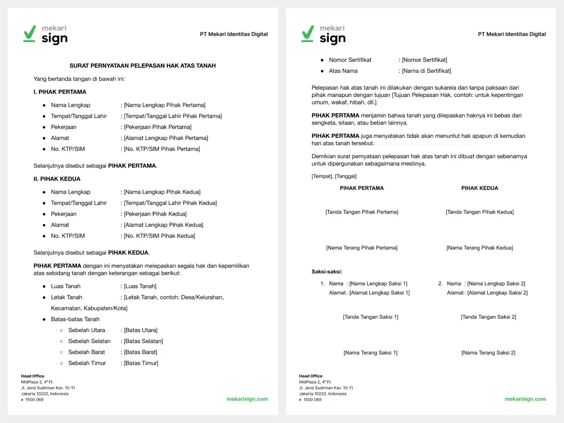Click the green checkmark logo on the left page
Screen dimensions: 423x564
click(30, 34)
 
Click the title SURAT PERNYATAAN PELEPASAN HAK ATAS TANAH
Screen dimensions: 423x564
click(143, 66)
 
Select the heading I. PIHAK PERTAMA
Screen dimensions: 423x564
click(60, 92)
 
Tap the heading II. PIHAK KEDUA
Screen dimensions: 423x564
click(57, 179)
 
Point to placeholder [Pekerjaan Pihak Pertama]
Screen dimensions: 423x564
click(157, 127)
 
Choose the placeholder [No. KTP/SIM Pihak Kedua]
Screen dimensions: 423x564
click(159, 236)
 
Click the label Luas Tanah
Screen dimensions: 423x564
click(65, 286)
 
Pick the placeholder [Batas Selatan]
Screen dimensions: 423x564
click(143, 341)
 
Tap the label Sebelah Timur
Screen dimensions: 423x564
click(87, 363)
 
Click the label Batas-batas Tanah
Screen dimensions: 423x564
click(75, 319)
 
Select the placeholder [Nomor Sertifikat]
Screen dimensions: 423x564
click(425, 60)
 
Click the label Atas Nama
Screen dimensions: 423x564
click(343, 71)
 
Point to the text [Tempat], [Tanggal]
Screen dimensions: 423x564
click(334, 176)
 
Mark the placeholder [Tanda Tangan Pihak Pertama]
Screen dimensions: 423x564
click(362, 212)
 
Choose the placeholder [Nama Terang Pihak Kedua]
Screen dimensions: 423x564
click(480, 248)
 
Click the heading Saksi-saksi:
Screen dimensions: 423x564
click(327, 271)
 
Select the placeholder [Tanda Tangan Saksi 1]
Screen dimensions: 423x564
click(371, 317)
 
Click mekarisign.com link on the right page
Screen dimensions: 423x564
click(525, 399)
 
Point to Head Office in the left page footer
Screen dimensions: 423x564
click(33, 376)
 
